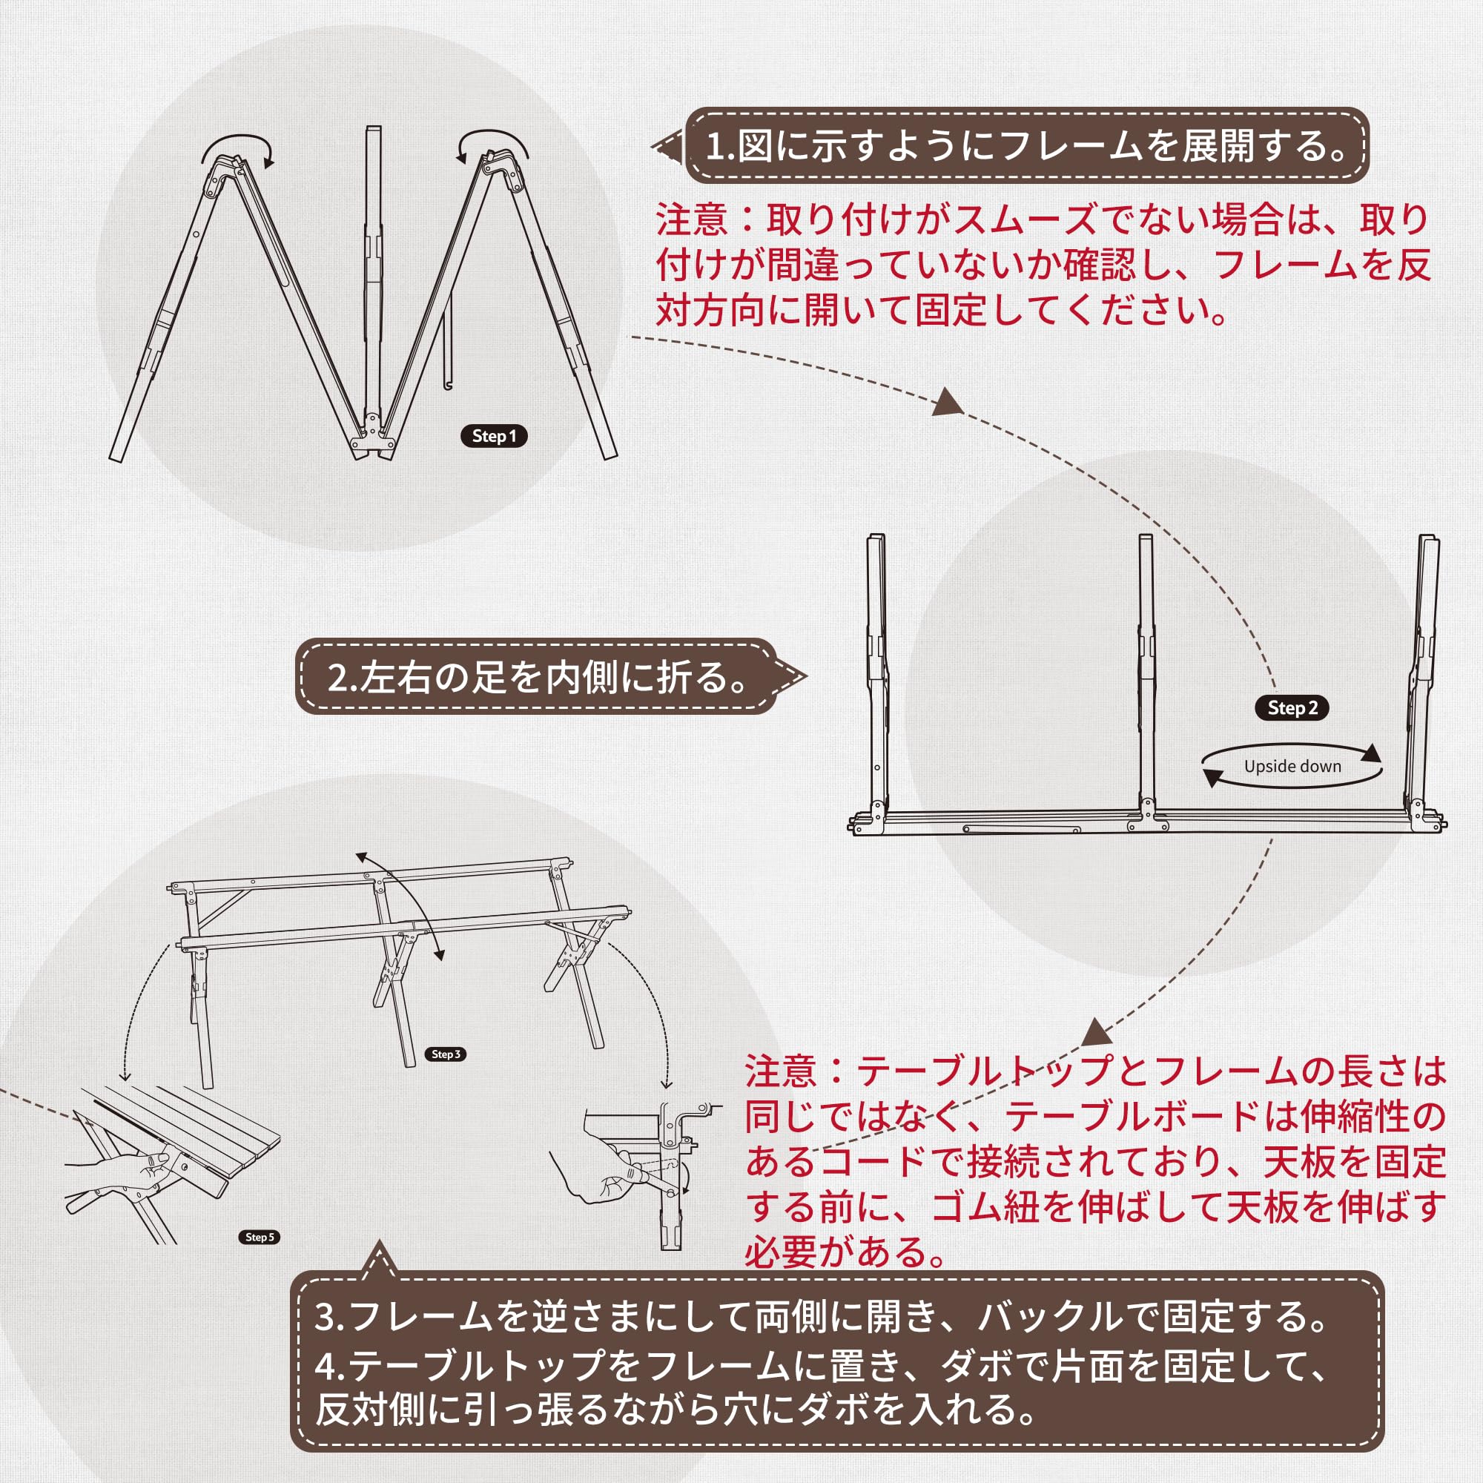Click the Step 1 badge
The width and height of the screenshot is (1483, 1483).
[x=494, y=436]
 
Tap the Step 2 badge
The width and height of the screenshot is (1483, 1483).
[x=1292, y=707]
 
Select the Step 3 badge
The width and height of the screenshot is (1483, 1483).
[x=446, y=1054]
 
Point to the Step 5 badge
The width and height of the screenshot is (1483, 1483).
[x=259, y=1237]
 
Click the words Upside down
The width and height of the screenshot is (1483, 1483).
[x=1292, y=766]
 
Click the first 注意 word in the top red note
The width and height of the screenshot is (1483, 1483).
[x=691, y=220]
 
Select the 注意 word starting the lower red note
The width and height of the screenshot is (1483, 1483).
[x=780, y=1071]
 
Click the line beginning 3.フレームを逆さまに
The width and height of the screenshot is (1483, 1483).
[x=822, y=1315]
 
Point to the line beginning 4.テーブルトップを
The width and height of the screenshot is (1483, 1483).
[x=822, y=1367]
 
